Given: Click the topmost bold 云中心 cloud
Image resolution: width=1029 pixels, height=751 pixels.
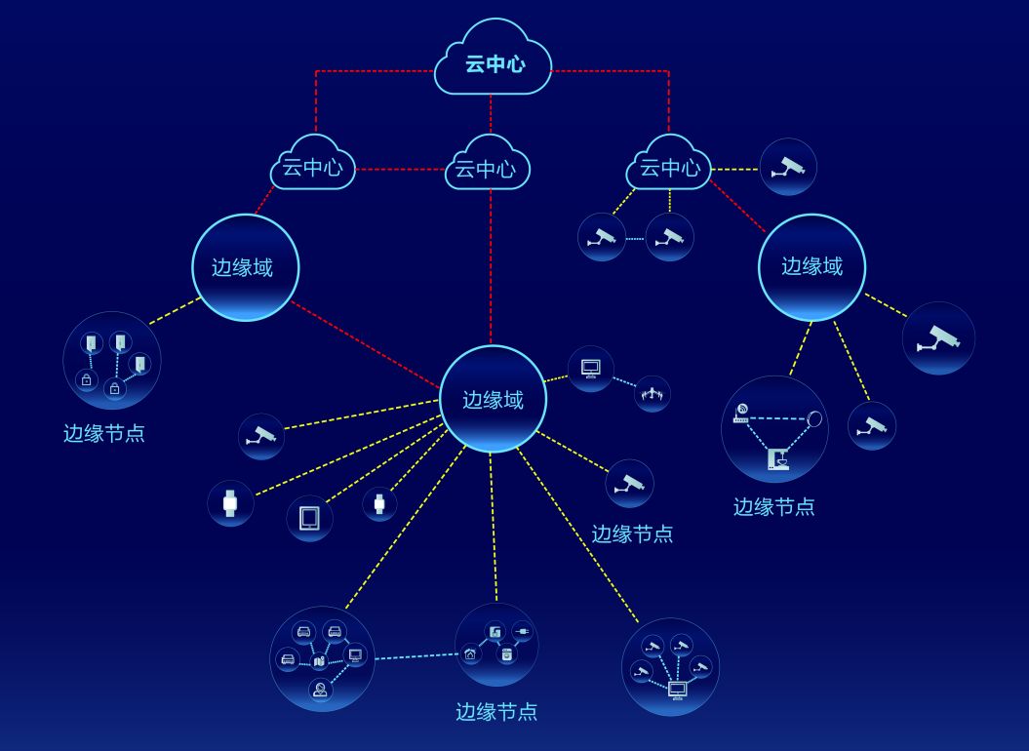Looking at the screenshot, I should tap(494, 63).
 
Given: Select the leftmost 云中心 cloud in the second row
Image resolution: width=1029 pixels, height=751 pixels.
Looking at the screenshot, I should tap(312, 167).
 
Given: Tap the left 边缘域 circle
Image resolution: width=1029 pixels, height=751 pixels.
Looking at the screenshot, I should tap(245, 267).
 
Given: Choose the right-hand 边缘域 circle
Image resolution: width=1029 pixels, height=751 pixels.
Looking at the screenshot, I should tap(811, 266).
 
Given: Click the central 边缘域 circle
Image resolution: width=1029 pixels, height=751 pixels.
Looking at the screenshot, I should tap(493, 399).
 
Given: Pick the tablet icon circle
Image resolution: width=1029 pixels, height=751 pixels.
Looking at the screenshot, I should tap(309, 518).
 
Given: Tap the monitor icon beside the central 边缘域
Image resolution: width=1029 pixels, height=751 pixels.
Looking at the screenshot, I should tap(590, 369).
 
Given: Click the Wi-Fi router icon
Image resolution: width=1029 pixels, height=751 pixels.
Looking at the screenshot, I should tap(741, 413).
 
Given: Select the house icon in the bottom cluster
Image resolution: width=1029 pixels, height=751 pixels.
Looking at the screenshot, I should tap(471, 653).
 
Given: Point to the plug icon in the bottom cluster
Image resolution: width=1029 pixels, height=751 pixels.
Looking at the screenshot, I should tap(522, 631).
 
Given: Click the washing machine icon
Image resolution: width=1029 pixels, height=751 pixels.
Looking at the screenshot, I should tap(506, 654).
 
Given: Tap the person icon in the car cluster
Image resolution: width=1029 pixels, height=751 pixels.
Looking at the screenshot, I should tap(320, 690).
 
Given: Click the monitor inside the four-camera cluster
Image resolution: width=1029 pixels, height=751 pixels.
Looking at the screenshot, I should tap(677, 690).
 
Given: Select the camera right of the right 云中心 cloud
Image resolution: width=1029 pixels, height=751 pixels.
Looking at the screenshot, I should tap(788, 167).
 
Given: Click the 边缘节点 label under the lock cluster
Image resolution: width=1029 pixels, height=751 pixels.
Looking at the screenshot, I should tap(104, 433).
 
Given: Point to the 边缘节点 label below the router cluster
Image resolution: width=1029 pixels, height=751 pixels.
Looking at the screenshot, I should tap(773, 506).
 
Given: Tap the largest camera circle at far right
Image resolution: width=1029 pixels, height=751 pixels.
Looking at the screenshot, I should tap(938, 337).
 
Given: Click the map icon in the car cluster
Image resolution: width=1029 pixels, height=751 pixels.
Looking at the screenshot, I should tap(319, 662).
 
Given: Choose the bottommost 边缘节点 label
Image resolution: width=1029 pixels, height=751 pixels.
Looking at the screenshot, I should tap(496, 711).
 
